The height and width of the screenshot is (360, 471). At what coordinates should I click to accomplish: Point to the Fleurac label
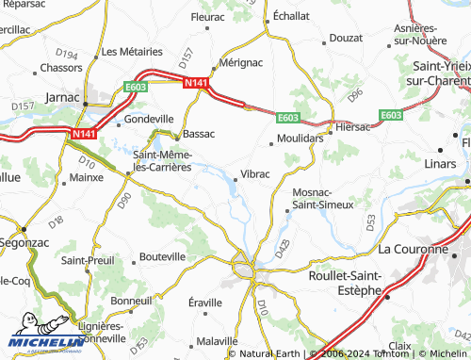[x=207, y=17]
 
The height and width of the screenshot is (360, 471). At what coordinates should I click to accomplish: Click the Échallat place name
[x=292, y=16]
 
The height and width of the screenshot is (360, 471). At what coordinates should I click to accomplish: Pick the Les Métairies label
[x=133, y=51]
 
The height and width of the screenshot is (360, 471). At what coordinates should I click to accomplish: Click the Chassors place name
[x=62, y=68]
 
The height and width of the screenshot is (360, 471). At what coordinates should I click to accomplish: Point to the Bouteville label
[x=162, y=256]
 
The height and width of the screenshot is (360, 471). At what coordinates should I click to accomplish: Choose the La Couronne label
[x=412, y=250]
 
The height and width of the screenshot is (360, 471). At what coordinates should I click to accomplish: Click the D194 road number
[x=67, y=55]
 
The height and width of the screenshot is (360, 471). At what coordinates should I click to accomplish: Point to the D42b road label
[x=283, y=248]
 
